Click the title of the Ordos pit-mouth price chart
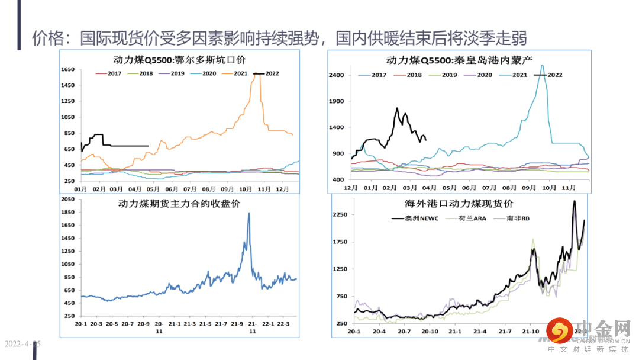(179, 60)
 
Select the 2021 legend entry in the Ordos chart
(234, 74)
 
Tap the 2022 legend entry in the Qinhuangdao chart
(548, 75)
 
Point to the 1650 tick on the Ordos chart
(66, 70)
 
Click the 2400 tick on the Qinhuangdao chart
(337, 75)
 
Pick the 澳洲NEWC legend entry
(406, 218)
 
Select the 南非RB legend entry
(518, 218)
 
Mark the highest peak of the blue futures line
(248, 213)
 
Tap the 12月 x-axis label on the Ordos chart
(283, 189)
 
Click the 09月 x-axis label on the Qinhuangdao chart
(529, 188)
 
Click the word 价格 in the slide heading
(46, 39)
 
